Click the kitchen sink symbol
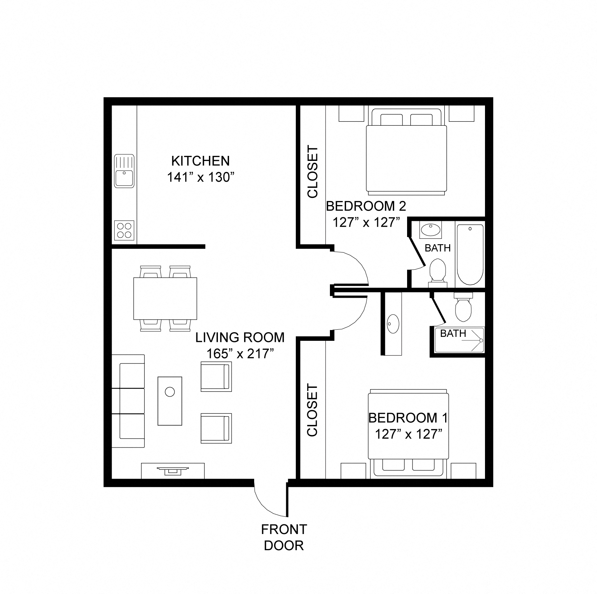124,171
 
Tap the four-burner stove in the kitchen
124,230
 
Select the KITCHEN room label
200,161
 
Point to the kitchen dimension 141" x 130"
200,177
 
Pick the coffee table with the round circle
170,401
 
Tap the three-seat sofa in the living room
128,401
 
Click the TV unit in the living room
173,470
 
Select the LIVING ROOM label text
240,338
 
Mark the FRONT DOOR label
284,537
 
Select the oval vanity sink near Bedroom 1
393,323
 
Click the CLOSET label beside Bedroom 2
313,172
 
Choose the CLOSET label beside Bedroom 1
313,410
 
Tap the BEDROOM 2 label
366,206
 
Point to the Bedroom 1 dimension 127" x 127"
408,434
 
